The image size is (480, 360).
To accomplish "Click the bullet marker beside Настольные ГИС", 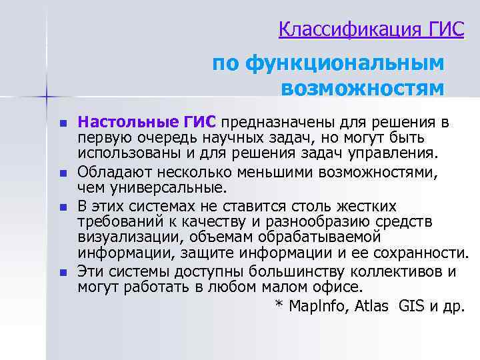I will tap(63, 124).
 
